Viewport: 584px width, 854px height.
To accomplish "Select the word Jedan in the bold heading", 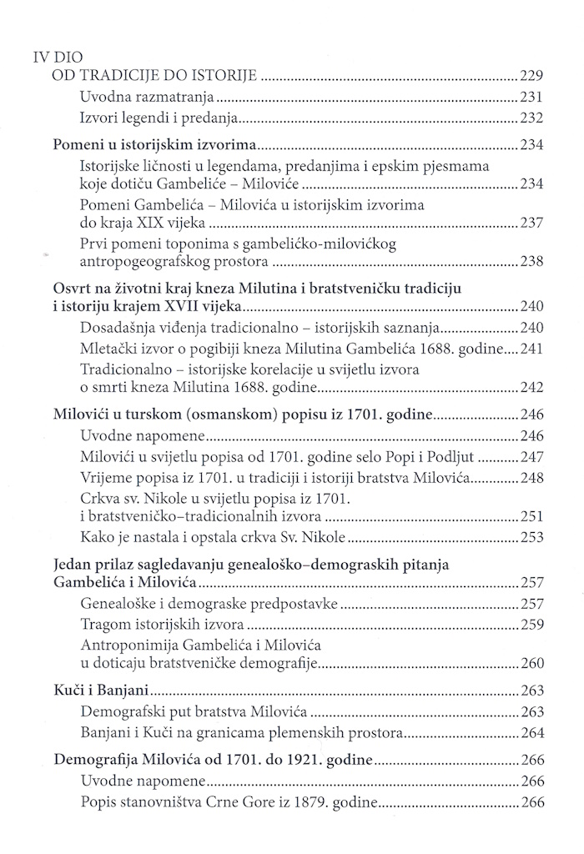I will pyautogui.click(x=73, y=565).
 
